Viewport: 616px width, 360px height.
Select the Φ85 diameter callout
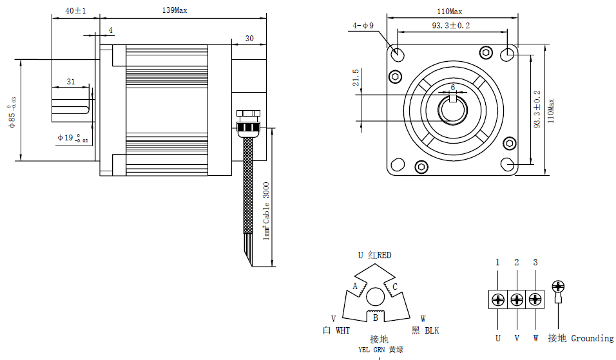tap(12, 110)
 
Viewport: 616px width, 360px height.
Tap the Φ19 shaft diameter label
tap(72, 138)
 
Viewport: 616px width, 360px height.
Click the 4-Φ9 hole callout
tap(363, 26)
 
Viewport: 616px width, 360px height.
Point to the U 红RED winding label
tap(374, 255)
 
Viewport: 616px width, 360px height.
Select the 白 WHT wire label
tap(336, 330)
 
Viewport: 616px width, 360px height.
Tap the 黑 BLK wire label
tap(425, 330)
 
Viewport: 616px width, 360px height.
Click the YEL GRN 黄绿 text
tap(381, 350)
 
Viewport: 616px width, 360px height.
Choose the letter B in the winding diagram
tap(376, 317)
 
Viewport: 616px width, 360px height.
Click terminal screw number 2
tap(517, 299)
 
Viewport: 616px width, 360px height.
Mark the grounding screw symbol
tap(559, 287)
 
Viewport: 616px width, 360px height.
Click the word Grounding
tap(592, 338)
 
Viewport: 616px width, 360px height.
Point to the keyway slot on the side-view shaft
tap(71, 109)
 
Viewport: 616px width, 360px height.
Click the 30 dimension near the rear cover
tap(249, 39)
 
